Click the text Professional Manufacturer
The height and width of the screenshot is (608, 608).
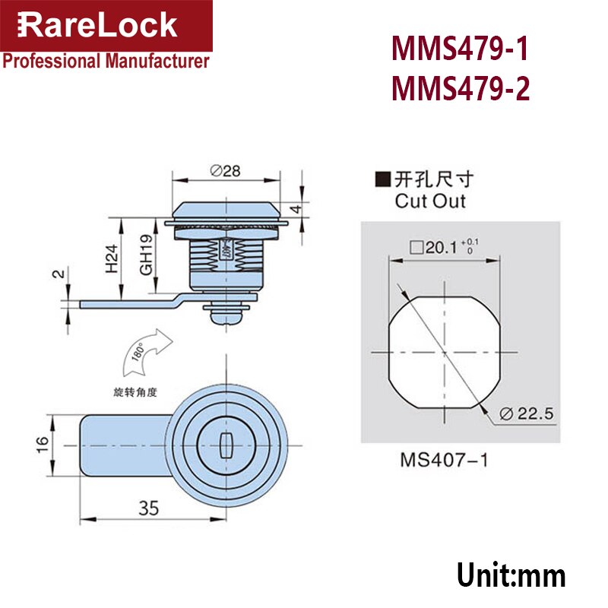106,62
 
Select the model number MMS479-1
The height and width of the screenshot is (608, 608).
460,52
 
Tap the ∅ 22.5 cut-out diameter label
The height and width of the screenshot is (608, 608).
530,413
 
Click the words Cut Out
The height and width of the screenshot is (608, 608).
430,202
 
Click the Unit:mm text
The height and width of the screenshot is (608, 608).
511,575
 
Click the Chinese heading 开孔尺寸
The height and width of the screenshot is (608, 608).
430,180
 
